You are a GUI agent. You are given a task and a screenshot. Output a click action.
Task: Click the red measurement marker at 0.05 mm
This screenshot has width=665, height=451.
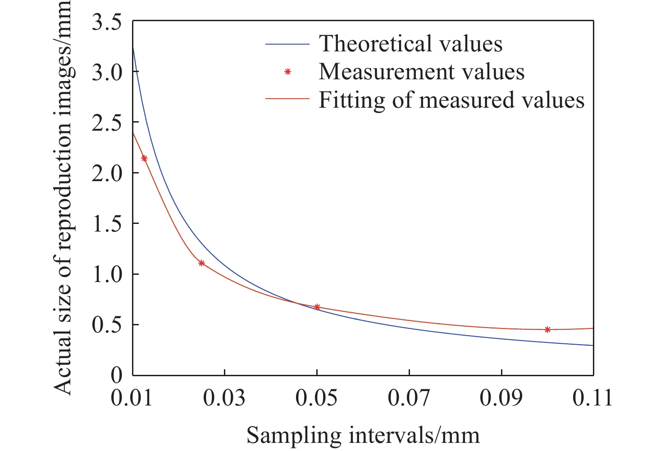click(317, 307)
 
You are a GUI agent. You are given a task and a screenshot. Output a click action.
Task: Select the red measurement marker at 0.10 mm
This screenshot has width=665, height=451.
click(547, 329)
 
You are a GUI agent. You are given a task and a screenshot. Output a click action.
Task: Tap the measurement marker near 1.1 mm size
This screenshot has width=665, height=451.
click(201, 263)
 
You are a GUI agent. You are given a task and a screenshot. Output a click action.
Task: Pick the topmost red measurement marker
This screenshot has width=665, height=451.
click(144, 158)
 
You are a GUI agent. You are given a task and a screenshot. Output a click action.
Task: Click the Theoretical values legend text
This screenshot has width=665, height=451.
click(410, 44)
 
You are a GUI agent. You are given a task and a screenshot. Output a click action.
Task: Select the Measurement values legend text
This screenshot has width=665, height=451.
click(421, 72)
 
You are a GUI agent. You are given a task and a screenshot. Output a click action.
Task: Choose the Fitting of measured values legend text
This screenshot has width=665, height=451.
click(451, 100)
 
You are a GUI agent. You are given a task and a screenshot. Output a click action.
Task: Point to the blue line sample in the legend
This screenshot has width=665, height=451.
click(287, 44)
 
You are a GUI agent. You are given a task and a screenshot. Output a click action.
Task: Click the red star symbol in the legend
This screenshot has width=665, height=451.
click(287, 72)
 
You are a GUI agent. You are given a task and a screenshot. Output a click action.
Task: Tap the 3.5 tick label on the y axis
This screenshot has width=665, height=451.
click(107, 23)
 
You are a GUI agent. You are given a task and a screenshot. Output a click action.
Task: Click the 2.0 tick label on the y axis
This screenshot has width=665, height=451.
click(107, 173)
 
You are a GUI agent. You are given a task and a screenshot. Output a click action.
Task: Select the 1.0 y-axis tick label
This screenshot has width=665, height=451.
click(107, 274)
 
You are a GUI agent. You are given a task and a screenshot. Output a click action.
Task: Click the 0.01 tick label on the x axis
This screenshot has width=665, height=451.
click(132, 398)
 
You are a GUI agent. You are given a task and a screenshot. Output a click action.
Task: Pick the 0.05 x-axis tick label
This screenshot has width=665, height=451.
click(317, 398)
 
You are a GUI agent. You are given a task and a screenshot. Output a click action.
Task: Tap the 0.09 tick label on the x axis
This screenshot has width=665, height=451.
click(501, 398)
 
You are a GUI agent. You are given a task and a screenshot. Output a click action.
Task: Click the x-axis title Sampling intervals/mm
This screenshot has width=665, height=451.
click(363, 435)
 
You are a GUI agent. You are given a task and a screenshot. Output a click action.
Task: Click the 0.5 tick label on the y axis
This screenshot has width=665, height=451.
click(107, 325)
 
